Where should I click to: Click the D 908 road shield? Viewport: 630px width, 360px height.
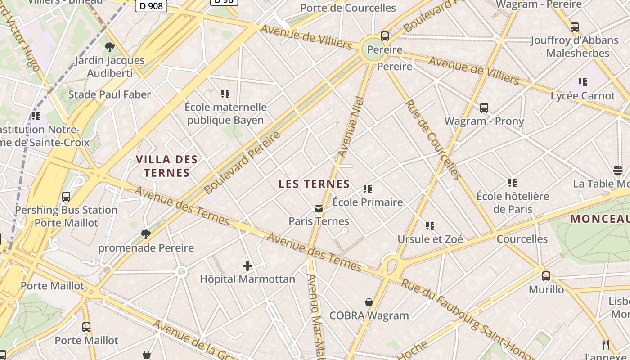click(151, 6)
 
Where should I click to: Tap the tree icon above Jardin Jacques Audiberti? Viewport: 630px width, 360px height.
click(109, 47)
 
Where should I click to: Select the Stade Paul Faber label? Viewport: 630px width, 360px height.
click(109, 94)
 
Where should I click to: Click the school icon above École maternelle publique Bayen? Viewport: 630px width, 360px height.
click(225, 94)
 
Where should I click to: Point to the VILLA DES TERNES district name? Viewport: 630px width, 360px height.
click(166, 166)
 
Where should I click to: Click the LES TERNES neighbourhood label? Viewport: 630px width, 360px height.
click(314, 184)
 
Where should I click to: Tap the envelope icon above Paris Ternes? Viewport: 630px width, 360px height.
click(319, 208)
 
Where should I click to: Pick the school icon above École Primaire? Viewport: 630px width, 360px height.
click(368, 189)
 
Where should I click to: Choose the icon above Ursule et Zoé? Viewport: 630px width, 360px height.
click(430, 225)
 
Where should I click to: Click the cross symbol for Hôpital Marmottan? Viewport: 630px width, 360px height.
click(247, 266)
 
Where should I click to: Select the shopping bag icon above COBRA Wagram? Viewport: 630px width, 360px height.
click(369, 302)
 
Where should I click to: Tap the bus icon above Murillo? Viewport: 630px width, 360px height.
click(546, 276)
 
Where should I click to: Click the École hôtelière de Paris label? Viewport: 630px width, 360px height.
click(513, 203)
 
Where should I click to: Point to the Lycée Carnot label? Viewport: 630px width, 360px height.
click(583, 96)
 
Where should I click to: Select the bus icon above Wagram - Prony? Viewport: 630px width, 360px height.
click(484, 108)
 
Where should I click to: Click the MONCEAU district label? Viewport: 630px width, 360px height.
click(600, 219)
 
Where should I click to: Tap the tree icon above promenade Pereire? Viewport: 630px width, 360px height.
click(145, 234)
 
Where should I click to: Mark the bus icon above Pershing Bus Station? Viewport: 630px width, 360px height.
click(66, 197)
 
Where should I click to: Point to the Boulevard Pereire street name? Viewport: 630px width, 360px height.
click(242, 162)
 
